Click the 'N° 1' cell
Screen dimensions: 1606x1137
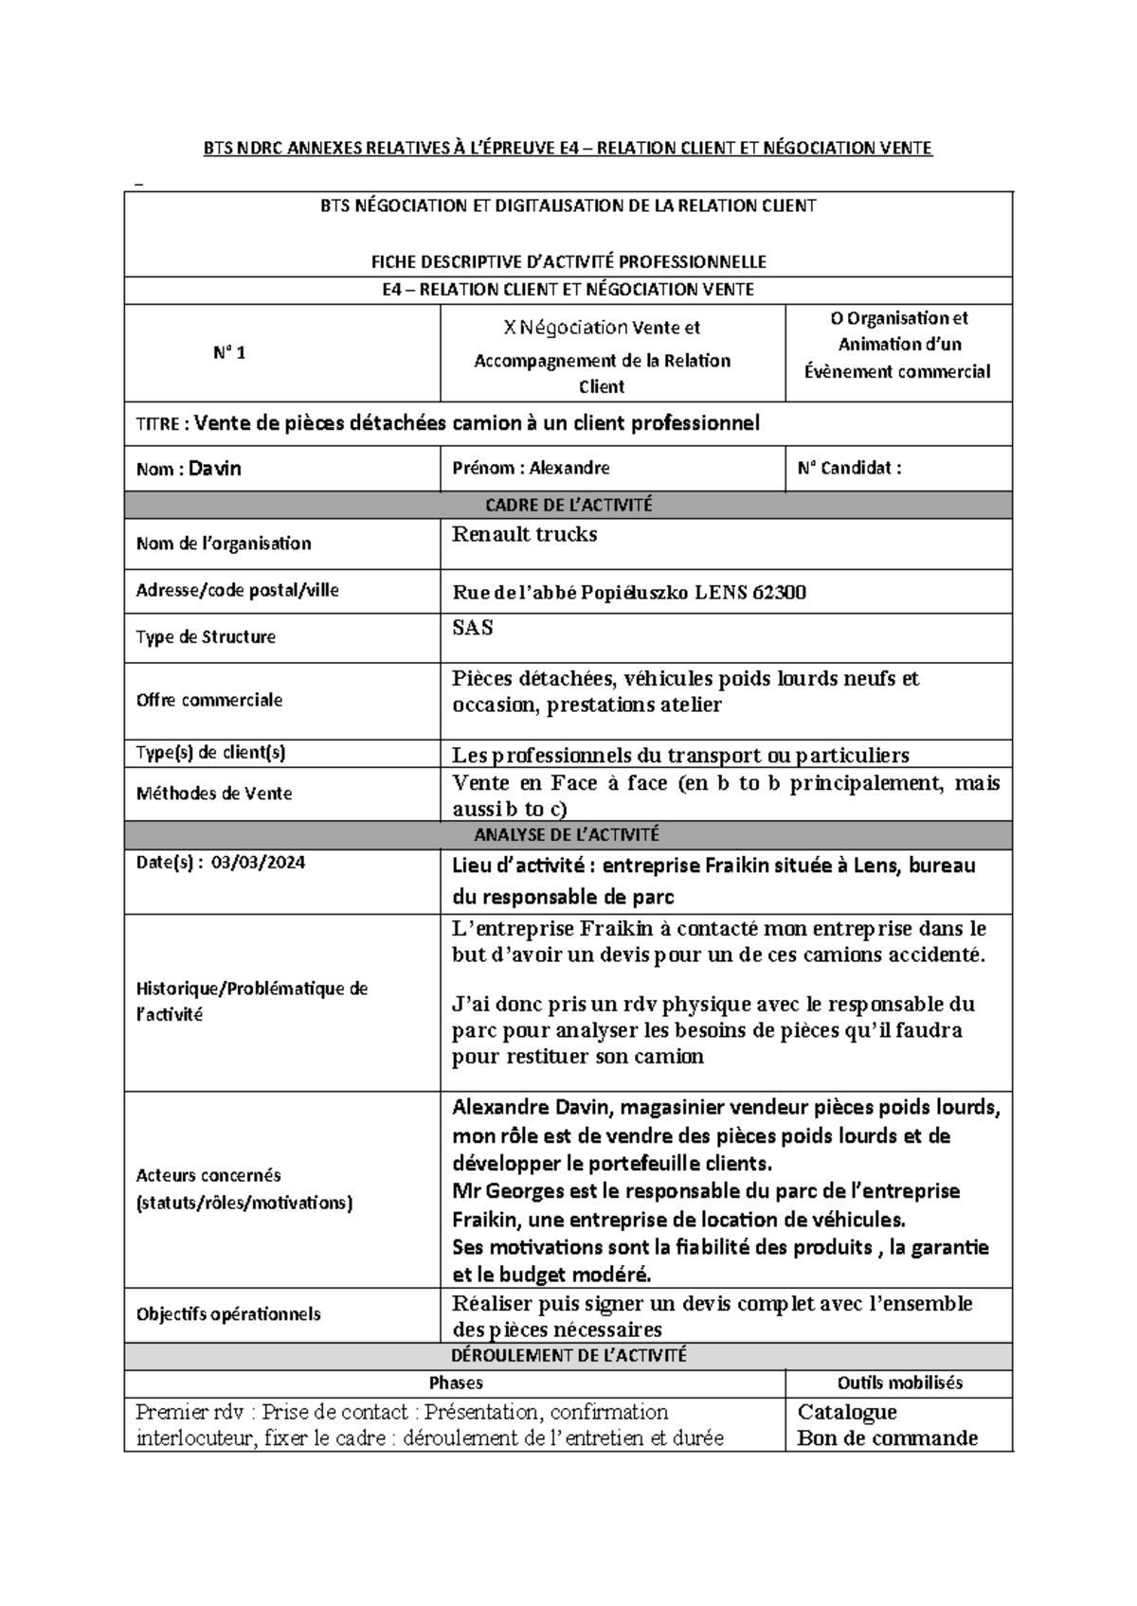228,353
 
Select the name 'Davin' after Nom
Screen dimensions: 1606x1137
215,468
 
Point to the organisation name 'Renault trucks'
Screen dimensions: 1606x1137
524,534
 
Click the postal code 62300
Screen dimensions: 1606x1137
779,594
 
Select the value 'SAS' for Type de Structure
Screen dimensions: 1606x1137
472,627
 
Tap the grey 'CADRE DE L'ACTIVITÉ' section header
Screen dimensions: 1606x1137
568,505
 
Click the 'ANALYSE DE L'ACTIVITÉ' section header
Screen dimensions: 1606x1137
568,834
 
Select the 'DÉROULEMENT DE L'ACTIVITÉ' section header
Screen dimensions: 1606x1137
568,1355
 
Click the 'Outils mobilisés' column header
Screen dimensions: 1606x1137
899,1383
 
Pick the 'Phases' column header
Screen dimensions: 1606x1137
456,1383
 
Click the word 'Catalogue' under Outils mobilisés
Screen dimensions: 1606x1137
847,1412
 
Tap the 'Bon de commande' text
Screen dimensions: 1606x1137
887,1438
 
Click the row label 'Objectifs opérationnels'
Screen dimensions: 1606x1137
228,1314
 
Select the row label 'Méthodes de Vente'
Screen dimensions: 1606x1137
214,794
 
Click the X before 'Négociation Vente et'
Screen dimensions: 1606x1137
510,329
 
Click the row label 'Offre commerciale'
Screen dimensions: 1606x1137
209,701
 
